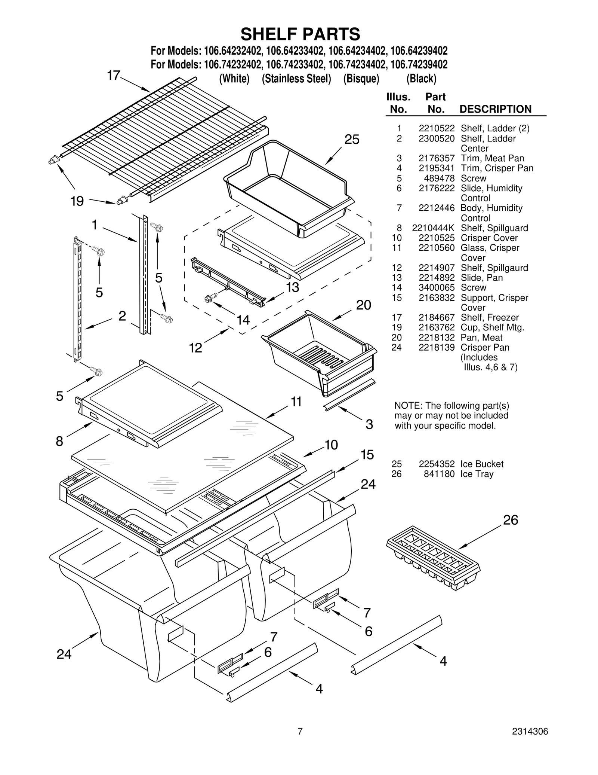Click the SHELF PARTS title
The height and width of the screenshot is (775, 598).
300,34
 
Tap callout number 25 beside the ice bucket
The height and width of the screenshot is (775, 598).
352,140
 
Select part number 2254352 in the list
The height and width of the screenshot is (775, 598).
436,464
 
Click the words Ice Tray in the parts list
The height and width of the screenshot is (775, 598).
477,474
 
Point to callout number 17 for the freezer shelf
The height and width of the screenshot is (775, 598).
113,76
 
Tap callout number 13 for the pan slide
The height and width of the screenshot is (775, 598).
293,287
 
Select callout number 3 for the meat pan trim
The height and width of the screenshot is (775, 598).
369,424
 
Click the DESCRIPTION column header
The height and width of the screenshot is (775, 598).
495,109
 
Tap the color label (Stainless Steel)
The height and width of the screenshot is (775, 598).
296,79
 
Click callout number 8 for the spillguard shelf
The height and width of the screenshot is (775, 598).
59,441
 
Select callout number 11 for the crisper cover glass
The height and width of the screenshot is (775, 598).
296,402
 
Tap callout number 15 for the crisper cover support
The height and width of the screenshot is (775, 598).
367,455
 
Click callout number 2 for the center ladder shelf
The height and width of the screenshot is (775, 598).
122,316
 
